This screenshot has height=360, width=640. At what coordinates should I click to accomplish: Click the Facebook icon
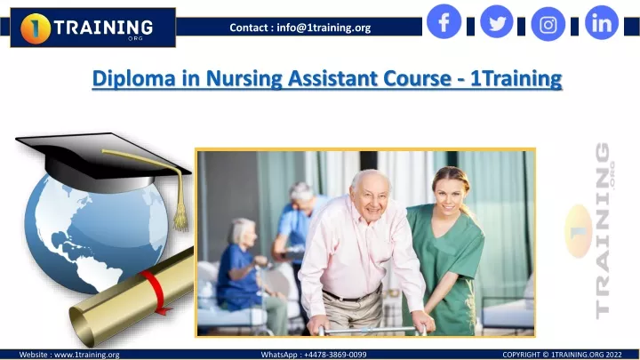(444, 21)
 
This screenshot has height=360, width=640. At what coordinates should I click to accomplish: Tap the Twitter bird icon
(497, 21)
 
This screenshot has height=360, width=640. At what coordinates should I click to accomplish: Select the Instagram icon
(548, 25)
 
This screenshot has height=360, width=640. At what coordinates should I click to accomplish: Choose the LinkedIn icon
(602, 22)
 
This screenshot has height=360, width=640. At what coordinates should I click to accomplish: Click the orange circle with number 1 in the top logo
(36, 28)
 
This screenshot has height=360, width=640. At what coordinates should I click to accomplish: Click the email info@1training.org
(324, 28)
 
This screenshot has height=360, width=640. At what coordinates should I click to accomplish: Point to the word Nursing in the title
(244, 78)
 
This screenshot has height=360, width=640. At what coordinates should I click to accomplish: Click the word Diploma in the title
(134, 78)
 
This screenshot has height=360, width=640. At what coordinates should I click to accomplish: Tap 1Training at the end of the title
(516, 78)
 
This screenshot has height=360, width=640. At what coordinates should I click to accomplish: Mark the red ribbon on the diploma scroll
(155, 291)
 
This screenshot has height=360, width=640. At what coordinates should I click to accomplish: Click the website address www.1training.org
(87, 355)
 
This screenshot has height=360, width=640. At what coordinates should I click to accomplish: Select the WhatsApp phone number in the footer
(335, 355)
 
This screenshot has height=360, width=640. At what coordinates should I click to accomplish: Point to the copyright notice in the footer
(562, 355)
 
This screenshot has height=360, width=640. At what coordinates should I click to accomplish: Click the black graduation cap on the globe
(102, 161)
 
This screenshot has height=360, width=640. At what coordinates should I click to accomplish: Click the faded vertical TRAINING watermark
(604, 230)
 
